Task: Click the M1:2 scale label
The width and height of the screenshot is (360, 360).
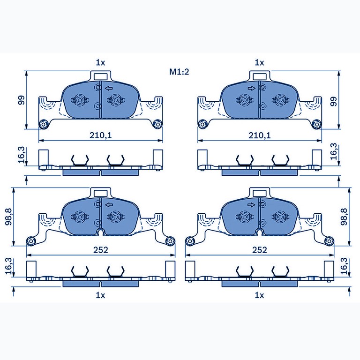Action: (x=179, y=72)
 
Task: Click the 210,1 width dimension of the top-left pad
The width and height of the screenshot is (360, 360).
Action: (x=101, y=135)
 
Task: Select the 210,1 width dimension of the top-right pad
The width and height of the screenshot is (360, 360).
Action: (x=260, y=135)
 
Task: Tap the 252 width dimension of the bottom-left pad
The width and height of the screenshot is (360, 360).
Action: (x=101, y=250)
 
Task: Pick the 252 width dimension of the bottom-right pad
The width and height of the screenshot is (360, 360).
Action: (x=260, y=250)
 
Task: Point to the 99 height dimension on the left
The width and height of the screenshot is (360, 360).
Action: (x=21, y=100)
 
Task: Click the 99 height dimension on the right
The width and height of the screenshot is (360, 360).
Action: (x=333, y=101)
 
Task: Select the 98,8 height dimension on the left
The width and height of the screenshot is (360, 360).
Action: (x=10, y=216)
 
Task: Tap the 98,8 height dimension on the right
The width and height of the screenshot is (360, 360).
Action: (x=344, y=216)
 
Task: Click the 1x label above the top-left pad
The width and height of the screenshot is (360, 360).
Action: (x=100, y=62)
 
